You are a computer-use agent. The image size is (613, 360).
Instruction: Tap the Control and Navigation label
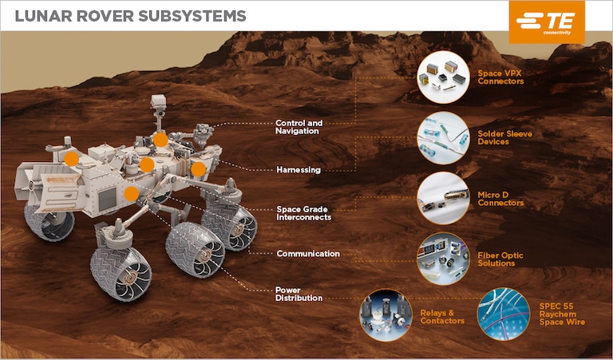click(x=299, y=127)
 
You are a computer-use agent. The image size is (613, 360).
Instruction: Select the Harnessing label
click(x=299, y=170)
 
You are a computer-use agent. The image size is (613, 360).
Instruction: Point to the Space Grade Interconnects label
click(x=303, y=213)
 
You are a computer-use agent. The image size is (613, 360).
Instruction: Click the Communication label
click(x=308, y=254)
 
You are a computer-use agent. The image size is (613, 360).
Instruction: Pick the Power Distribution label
click(x=299, y=294)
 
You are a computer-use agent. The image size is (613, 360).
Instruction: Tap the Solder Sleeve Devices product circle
click(x=443, y=137)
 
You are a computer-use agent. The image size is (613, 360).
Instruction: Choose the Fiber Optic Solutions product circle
click(x=443, y=258)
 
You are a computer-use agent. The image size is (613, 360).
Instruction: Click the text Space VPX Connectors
click(x=500, y=77)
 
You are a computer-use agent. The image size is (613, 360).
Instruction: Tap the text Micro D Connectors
click(x=500, y=198)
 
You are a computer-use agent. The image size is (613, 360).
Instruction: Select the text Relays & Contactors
click(x=442, y=316)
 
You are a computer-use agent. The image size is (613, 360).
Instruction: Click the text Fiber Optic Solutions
click(x=500, y=259)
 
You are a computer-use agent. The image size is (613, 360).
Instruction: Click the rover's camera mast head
click(x=157, y=103)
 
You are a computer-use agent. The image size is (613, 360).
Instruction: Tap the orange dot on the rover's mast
click(x=160, y=140)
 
